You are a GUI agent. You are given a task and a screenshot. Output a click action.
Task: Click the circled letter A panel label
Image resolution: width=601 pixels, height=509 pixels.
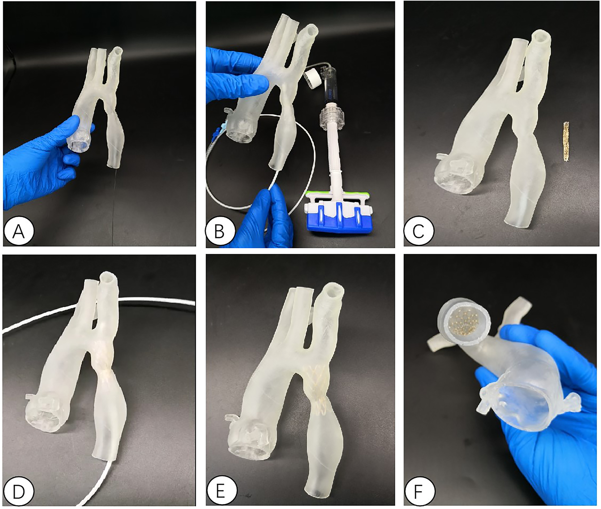pos(19,231)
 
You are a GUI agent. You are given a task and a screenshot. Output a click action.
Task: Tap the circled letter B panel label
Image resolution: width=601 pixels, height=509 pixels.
pos(220,231)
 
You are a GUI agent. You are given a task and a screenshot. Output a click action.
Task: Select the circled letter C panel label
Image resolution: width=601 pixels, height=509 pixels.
pos(419,231)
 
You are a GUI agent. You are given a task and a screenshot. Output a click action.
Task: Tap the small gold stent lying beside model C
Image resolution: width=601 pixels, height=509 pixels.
pos(566,141)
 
